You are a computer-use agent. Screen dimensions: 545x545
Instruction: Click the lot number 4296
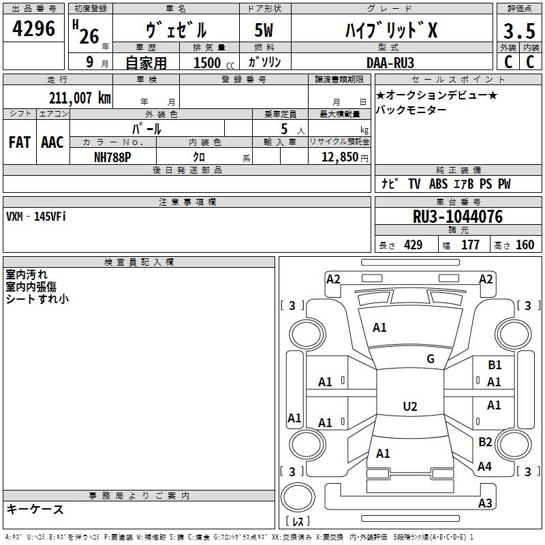tap(34, 29)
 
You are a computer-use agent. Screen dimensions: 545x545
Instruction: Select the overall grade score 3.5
tap(518, 31)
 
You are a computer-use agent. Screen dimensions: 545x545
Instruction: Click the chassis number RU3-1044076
tap(458, 217)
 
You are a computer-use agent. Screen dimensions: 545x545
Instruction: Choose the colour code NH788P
tap(113, 156)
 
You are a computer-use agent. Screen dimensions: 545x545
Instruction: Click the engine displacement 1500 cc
tap(211, 63)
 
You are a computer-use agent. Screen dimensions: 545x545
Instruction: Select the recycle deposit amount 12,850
tap(339, 156)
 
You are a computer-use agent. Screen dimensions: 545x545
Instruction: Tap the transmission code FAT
tap(20, 142)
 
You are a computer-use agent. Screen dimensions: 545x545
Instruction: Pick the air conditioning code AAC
tap(52, 142)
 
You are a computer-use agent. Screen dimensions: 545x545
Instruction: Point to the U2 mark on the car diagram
tap(410, 407)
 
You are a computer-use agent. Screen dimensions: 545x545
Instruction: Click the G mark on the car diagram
tap(431, 359)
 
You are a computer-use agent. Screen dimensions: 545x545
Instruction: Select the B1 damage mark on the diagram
tap(495, 365)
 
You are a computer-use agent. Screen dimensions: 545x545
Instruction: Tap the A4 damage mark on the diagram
tap(485, 467)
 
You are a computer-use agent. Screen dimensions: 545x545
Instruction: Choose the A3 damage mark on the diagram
tap(485, 503)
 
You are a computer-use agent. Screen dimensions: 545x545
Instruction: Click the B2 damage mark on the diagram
tap(485, 442)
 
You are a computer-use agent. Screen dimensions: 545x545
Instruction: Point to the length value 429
tap(413, 245)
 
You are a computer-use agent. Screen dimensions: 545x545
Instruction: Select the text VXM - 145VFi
tap(36, 216)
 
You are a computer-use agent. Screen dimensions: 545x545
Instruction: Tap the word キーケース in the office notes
tap(35, 509)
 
